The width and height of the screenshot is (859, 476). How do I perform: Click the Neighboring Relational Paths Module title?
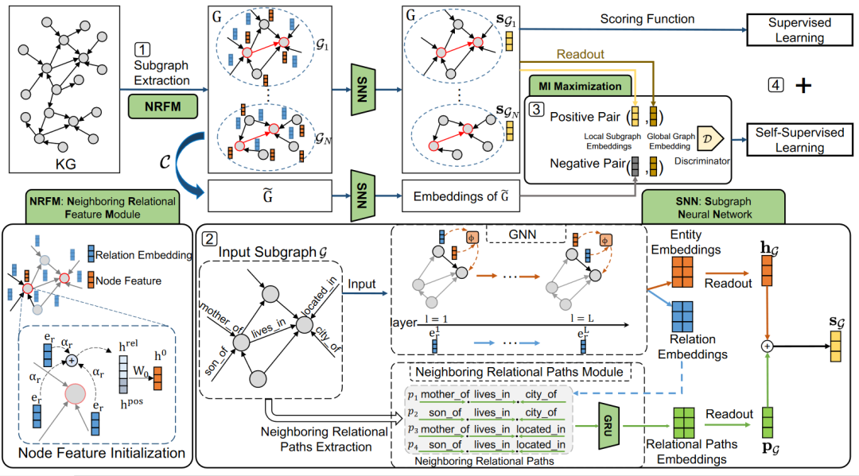(518, 370)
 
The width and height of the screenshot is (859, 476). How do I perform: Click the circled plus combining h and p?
(767, 346)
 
